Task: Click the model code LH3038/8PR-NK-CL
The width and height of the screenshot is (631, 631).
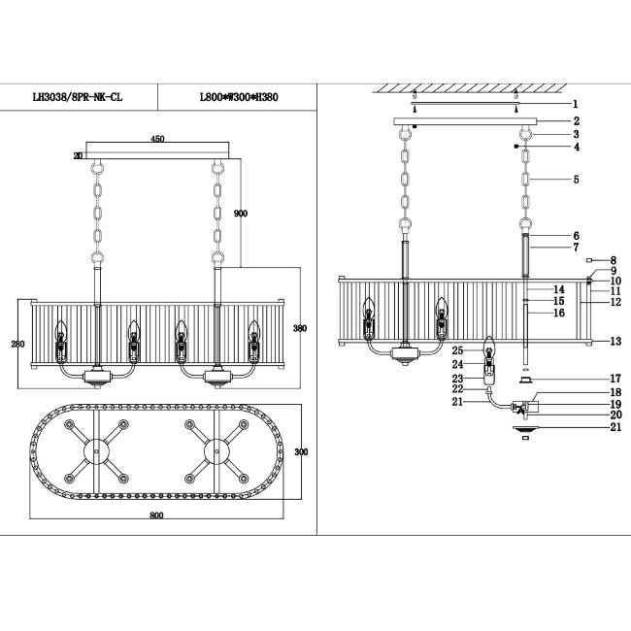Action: click(78, 98)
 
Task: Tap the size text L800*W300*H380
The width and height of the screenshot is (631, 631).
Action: click(239, 98)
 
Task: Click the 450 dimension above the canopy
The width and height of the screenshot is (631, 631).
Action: click(157, 139)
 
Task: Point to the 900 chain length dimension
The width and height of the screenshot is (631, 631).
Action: click(242, 214)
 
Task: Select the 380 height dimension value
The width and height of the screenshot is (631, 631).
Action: click(300, 328)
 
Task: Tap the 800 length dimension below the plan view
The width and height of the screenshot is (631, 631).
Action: click(156, 515)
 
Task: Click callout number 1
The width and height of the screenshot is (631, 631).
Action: click(575, 104)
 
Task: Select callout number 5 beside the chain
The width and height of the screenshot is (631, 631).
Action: click(575, 180)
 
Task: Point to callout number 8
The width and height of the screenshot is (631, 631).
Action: click(614, 260)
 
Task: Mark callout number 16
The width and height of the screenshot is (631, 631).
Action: click(558, 314)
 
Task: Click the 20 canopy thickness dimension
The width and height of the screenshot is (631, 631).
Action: click(77, 154)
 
